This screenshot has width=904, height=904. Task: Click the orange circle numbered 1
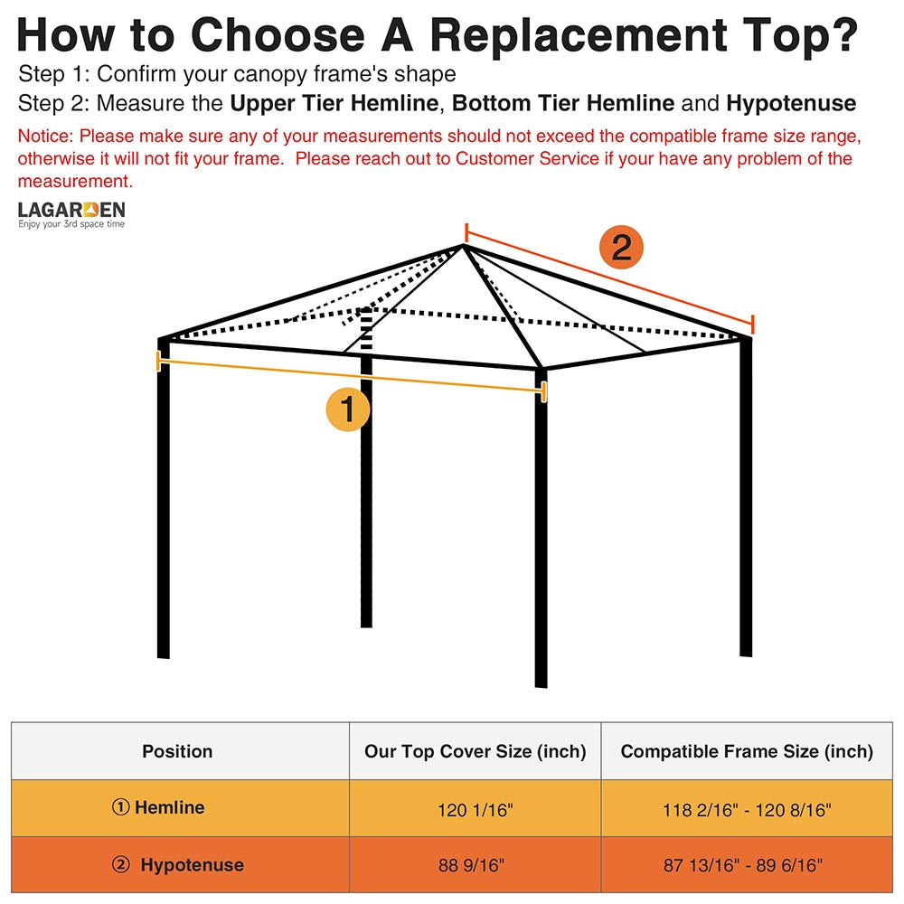348,409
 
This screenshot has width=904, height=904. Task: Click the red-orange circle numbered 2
621,248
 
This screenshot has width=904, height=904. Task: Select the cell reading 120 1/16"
475,809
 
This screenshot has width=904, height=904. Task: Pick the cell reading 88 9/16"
475,866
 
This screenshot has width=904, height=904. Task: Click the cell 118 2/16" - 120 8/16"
747,809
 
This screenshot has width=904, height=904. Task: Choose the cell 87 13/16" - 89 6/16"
747,866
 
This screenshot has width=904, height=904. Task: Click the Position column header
177,751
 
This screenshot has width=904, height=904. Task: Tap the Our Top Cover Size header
475,751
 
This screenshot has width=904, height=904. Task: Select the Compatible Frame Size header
747,751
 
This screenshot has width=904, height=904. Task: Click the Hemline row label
169,808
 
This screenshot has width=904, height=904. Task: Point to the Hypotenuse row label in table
191,865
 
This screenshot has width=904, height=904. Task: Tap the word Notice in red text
45,137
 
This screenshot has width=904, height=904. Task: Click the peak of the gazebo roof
463,245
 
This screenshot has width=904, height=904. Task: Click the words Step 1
52,73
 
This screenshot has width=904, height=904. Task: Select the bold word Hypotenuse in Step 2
791,103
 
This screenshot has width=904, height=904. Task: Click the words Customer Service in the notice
524,159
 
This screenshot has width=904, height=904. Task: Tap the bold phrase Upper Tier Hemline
334,103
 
